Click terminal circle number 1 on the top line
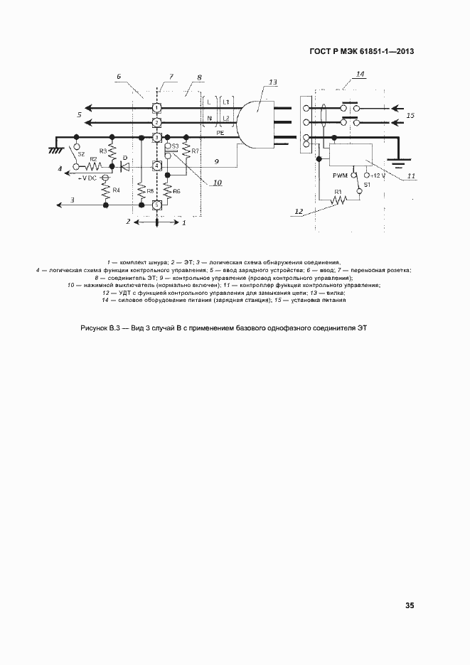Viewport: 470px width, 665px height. (156, 107)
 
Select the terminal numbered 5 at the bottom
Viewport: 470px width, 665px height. (156, 205)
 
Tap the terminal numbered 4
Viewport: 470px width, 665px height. (156, 166)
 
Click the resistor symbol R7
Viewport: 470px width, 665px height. (186, 151)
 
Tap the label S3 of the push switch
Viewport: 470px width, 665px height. (175, 146)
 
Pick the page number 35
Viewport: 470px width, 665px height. (409, 606)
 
